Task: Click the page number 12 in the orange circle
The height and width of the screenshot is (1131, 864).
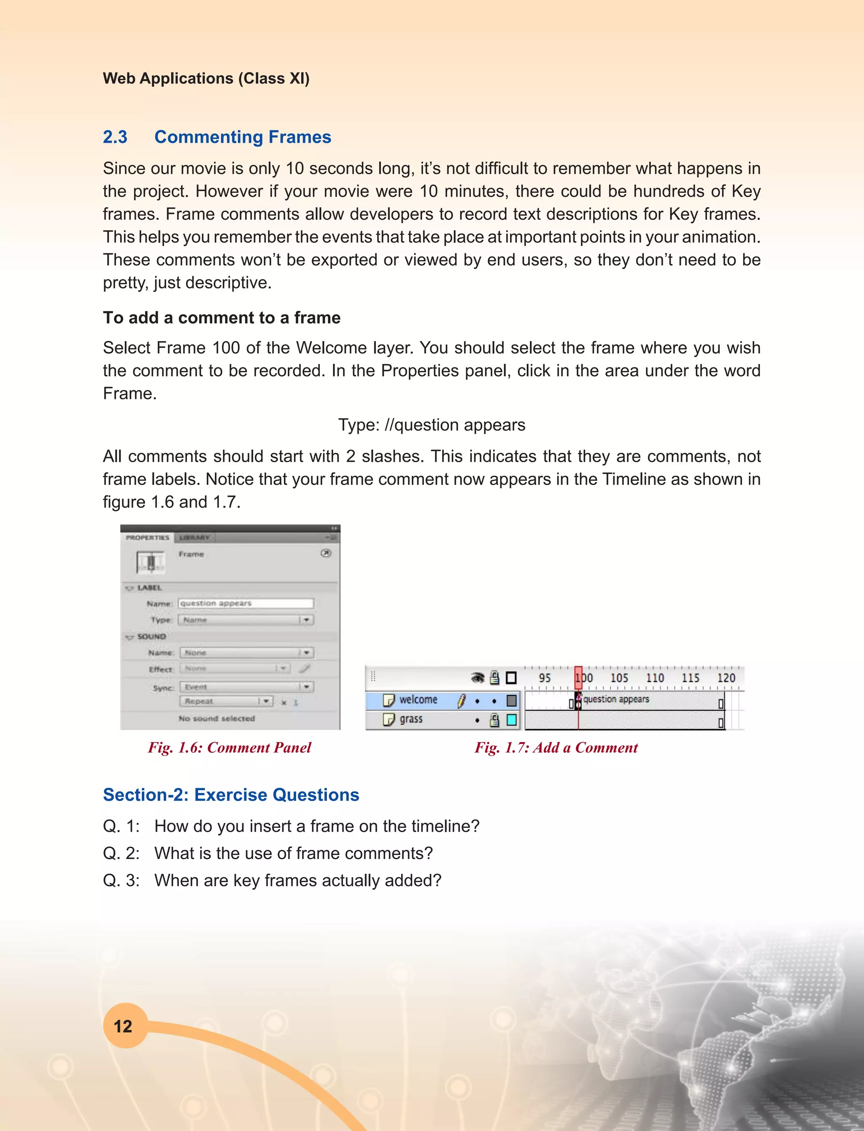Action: click(123, 1026)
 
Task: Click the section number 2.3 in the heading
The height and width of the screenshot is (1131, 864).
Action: click(115, 137)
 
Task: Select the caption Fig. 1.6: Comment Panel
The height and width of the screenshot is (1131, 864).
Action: click(229, 748)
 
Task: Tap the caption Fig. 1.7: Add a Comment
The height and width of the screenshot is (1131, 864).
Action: click(556, 748)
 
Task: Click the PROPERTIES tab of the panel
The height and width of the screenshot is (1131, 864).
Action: click(148, 538)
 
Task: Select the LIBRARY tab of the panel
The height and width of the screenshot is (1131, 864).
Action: click(194, 538)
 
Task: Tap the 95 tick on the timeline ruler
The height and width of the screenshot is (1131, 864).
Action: click(545, 678)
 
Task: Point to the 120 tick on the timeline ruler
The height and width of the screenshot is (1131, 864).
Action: click(726, 678)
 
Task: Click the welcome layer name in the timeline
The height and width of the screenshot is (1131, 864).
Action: click(418, 700)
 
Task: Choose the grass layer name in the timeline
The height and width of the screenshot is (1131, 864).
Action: click(411, 719)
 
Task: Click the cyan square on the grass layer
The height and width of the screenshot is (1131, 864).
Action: click(511, 720)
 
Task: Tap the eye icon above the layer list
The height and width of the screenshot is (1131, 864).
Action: click(478, 678)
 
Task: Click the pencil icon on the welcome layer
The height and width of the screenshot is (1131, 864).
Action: click(461, 700)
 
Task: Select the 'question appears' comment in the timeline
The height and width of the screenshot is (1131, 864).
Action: click(616, 699)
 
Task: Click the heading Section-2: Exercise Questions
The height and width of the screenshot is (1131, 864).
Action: click(231, 795)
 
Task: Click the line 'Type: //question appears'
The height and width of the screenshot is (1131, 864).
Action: click(432, 425)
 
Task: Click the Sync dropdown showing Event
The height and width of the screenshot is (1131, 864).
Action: click(246, 687)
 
